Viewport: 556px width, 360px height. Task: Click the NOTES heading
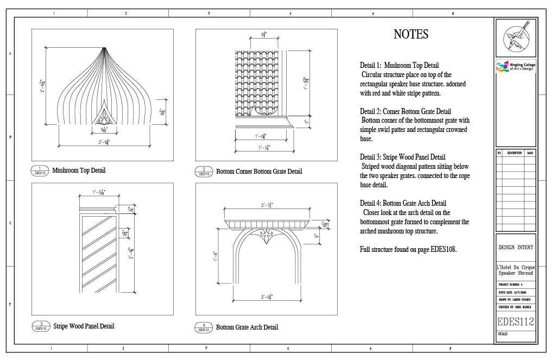coord(410,35)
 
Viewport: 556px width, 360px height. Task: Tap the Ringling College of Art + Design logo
coord(515,66)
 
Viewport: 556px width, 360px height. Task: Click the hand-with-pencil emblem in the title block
coord(515,37)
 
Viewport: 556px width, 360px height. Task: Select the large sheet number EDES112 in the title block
coord(515,322)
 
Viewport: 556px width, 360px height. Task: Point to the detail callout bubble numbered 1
coord(40,170)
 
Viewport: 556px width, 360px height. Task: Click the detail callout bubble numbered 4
coord(204,327)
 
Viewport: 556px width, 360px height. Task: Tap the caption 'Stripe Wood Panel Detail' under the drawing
coord(84,326)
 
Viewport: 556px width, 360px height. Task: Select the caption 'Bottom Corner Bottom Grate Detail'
coord(259,172)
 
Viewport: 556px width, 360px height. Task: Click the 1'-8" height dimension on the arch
coord(216,256)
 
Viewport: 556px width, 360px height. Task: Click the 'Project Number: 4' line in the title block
coord(510,284)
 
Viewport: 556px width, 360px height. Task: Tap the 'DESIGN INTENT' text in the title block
coord(515,248)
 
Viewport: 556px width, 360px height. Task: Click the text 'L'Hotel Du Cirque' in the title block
coord(515,267)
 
